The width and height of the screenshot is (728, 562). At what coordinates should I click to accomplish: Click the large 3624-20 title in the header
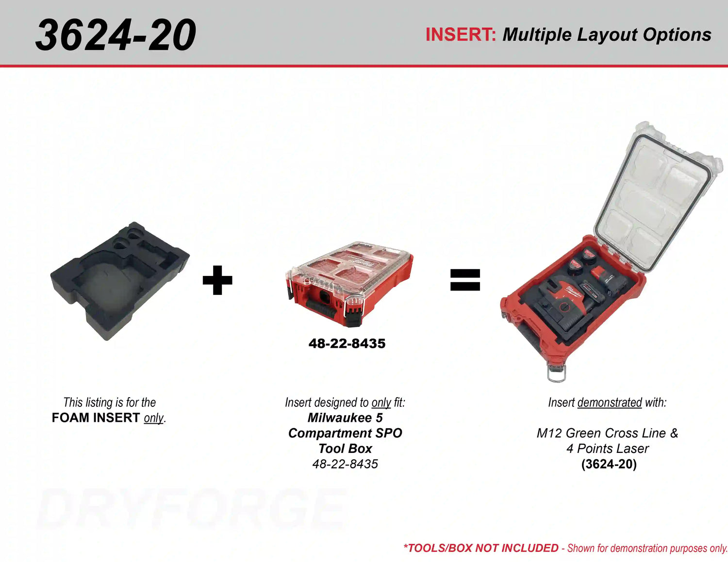pos(116,34)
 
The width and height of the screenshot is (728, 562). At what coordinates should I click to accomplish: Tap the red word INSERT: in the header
pos(461,34)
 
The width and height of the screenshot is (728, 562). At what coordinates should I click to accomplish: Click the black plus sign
pos(217,280)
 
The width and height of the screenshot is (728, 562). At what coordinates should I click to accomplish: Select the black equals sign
pos(465,279)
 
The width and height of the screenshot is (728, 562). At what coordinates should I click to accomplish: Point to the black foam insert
pos(119,281)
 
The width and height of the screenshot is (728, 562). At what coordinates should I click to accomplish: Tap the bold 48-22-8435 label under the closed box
pos(347,344)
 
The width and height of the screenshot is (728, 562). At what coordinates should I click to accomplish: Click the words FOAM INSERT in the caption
pos(96,417)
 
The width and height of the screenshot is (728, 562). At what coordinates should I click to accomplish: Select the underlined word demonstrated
pos(610,402)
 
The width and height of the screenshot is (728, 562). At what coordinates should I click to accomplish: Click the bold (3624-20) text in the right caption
pos(609,464)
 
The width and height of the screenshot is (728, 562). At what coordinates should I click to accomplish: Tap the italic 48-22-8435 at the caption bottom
pos(345,464)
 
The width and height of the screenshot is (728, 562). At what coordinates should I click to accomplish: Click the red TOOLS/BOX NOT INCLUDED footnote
pos(481,548)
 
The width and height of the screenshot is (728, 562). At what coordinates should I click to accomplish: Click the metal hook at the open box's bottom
pos(557,373)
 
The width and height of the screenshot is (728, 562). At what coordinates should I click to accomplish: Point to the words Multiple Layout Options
pos(607,34)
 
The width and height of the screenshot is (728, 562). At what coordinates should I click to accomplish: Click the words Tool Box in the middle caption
pos(345,449)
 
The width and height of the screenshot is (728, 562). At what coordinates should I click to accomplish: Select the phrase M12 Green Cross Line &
pos(607,433)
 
